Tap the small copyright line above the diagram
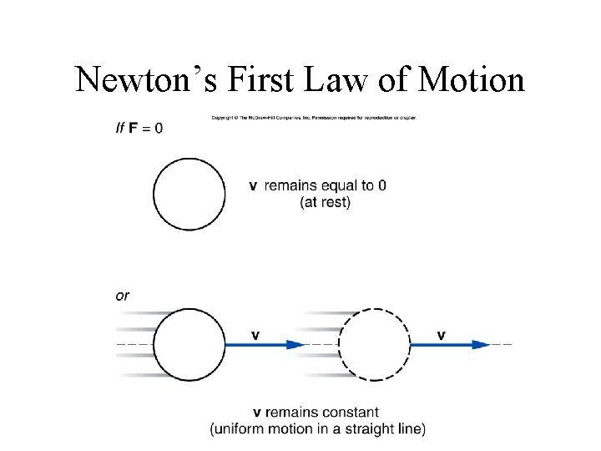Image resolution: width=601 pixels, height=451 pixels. [313, 117]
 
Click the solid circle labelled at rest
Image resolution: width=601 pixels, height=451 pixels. [189, 194]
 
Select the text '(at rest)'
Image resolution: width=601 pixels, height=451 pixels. [326, 202]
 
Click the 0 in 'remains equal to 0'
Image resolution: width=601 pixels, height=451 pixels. [381, 185]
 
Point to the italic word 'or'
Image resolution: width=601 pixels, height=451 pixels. [123, 296]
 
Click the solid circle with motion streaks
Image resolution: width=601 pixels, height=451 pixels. [189, 344]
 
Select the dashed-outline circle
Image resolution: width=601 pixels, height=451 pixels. [375, 344]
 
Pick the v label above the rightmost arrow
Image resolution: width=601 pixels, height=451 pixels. [441, 336]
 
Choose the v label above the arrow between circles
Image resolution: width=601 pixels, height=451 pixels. [255, 336]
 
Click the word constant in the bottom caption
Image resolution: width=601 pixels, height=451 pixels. [351, 413]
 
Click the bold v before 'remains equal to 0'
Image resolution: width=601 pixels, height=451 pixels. [253, 185]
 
